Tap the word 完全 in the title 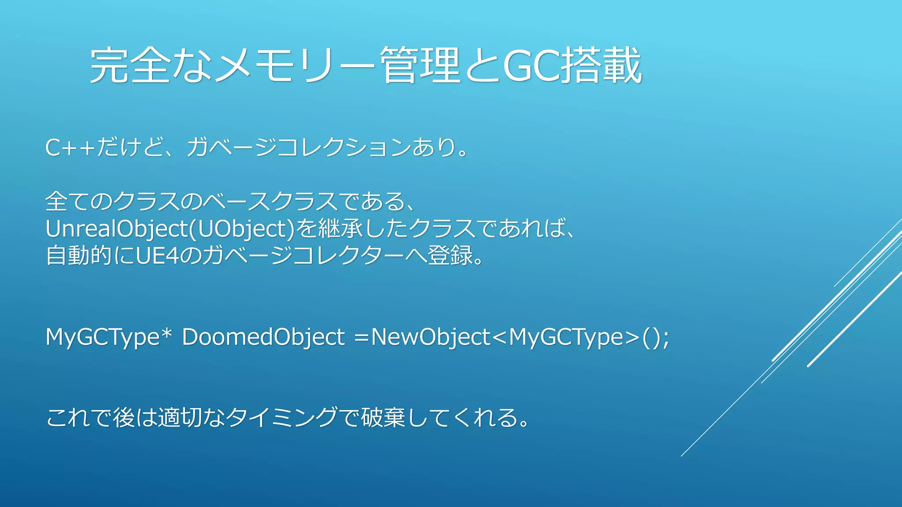click(130, 66)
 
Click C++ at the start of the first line click(70, 147)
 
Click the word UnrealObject click(117, 229)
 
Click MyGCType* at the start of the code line click(108, 338)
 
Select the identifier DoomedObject click(263, 338)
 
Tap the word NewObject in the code click(430, 338)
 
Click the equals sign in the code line click(361, 338)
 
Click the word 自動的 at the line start click(79, 256)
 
